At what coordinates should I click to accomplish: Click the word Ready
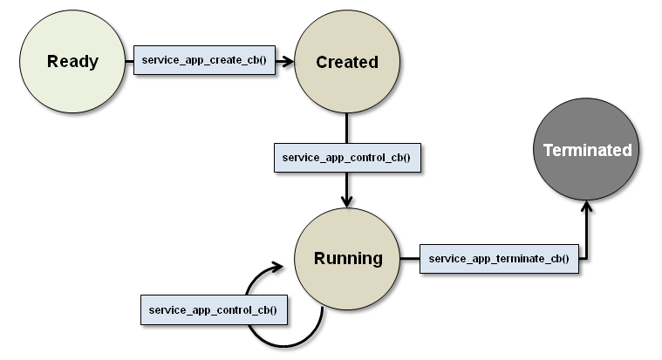72,62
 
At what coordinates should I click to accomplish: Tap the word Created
347,62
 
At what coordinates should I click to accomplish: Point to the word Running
348,258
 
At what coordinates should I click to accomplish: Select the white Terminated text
587,150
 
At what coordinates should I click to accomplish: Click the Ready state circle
72,83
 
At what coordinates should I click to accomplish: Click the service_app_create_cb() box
203,62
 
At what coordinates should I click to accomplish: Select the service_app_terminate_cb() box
499,259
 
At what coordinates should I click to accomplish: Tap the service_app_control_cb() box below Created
346,158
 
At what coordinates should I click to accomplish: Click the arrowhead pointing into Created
287,62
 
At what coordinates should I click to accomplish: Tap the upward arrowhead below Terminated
587,208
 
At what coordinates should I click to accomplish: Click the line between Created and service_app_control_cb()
347,129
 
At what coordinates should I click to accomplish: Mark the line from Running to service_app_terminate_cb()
410,259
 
